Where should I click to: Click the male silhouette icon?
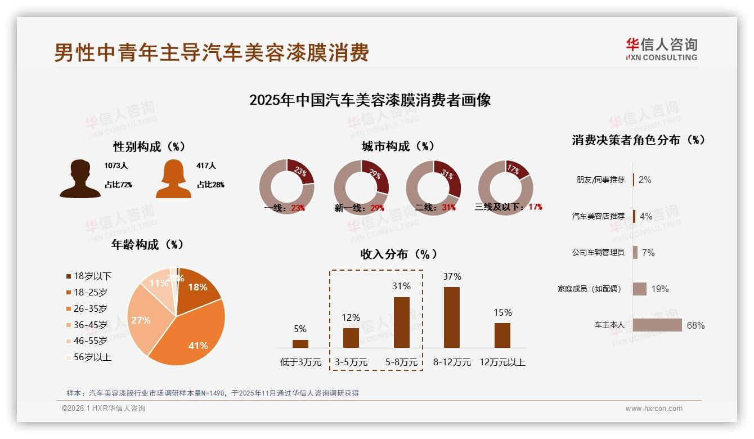tap(80, 178)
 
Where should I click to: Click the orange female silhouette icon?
tap(173, 179)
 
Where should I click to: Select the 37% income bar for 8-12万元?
tap(452, 317)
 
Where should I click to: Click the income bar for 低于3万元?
tap(300, 343)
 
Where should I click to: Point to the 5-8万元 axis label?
tap(402, 362)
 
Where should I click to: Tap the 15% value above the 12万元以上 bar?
tap(502, 312)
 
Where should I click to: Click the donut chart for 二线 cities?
tap(433, 187)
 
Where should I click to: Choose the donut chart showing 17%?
tap(505, 187)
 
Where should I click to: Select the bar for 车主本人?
tap(657, 325)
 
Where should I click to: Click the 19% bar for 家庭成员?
tap(640, 289)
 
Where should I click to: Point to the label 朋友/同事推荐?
tap(600, 180)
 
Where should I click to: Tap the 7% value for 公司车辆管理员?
tap(648, 253)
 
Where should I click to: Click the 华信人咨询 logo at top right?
tap(662, 49)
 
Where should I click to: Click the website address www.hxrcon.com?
tap(654, 409)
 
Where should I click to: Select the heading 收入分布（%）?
tap(399, 254)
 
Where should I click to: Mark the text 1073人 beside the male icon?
tap(116, 165)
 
